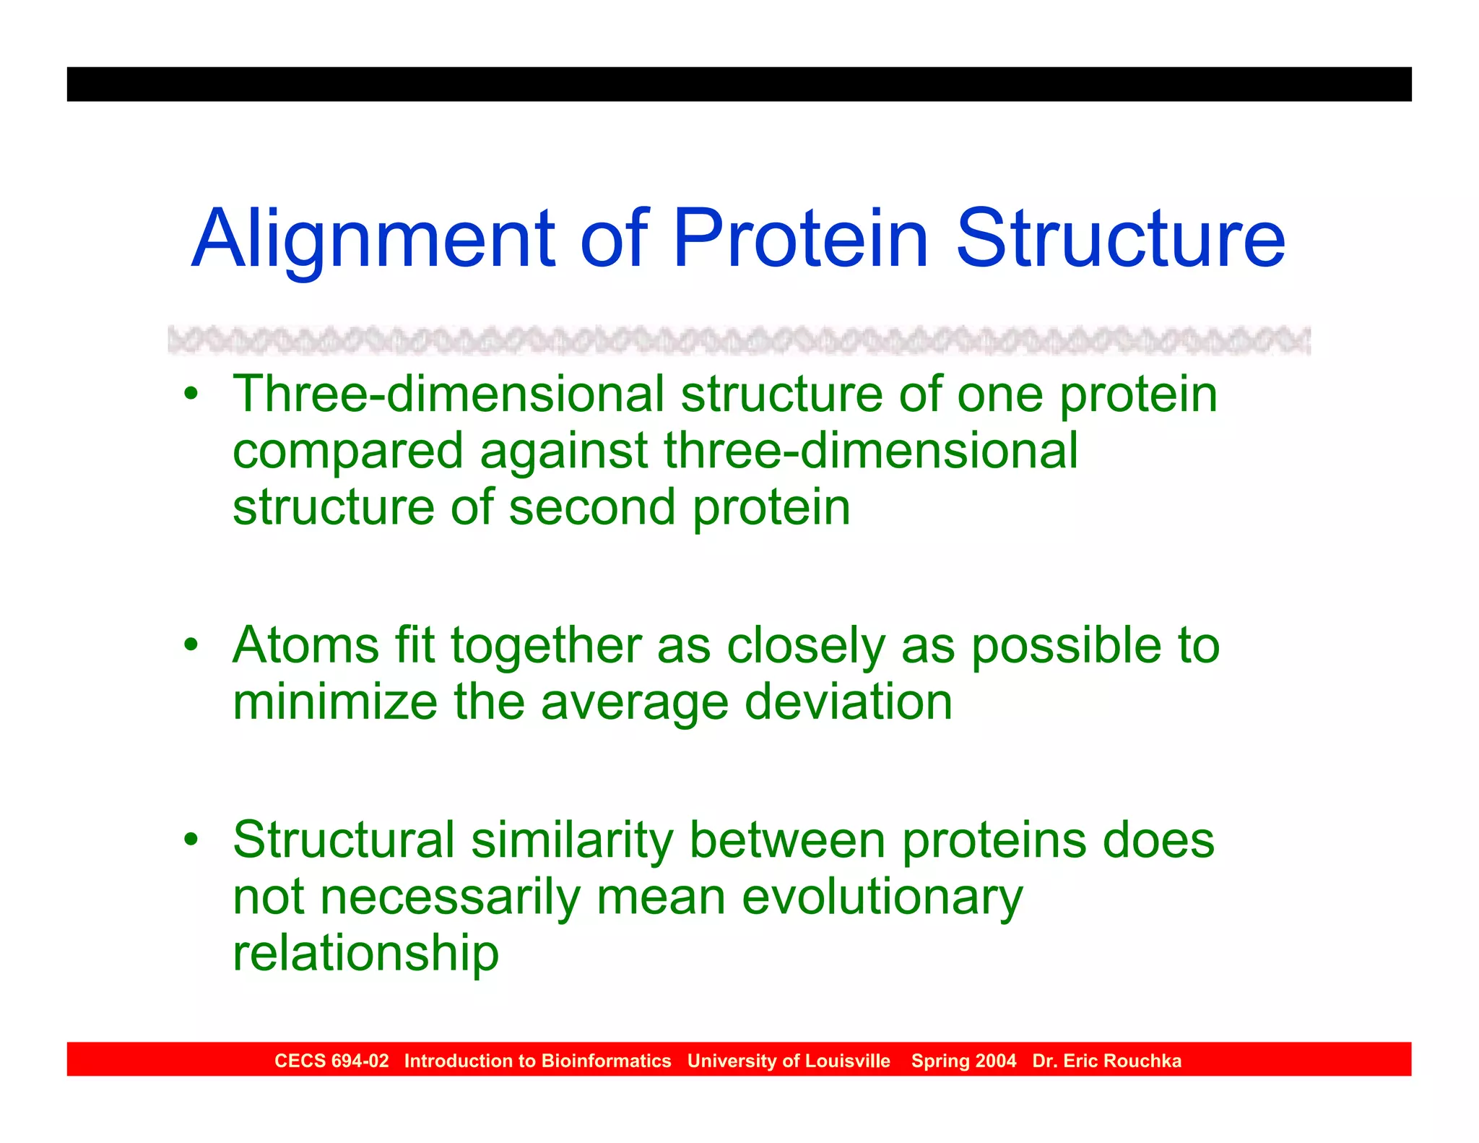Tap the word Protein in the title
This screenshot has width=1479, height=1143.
(x=800, y=238)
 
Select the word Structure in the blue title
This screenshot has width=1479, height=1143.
(x=1120, y=238)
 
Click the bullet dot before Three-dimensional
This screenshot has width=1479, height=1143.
(x=191, y=394)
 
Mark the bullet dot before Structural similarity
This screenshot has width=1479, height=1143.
(x=191, y=840)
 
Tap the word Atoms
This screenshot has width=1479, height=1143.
(x=305, y=644)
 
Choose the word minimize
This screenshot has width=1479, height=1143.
(x=335, y=702)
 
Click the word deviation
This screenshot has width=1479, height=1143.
(x=848, y=702)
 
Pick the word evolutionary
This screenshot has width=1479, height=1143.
(x=882, y=897)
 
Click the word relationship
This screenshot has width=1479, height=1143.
(x=365, y=953)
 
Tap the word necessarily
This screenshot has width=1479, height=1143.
(x=450, y=897)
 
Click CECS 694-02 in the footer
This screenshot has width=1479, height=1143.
(x=331, y=1061)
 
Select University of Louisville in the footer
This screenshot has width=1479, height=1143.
(x=789, y=1061)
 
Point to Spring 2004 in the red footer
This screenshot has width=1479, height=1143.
(x=963, y=1061)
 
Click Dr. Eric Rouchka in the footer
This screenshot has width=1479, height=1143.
(x=1106, y=1061)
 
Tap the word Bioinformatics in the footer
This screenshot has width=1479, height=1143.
(x=606, y=1061)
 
